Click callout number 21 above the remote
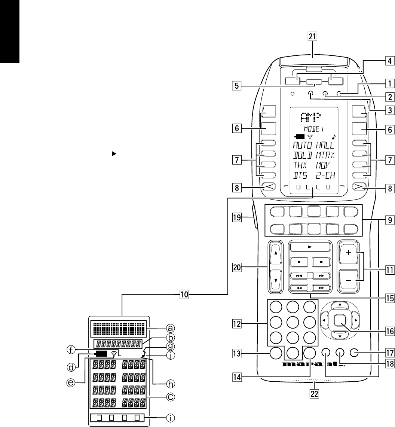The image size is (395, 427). (312, 37)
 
